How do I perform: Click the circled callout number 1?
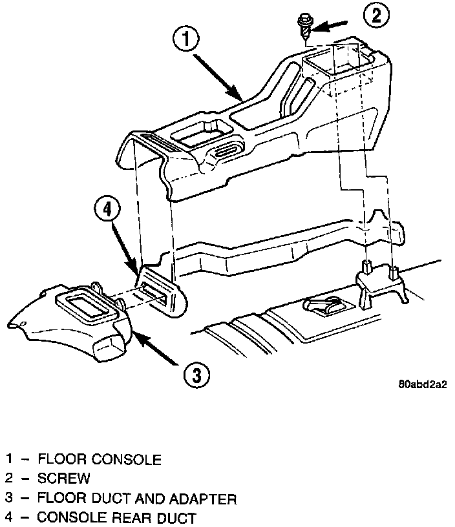pos(186,39)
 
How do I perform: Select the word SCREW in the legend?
pos(64,479)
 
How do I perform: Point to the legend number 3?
pos(10,499)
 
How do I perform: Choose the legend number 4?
pos(10,517)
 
